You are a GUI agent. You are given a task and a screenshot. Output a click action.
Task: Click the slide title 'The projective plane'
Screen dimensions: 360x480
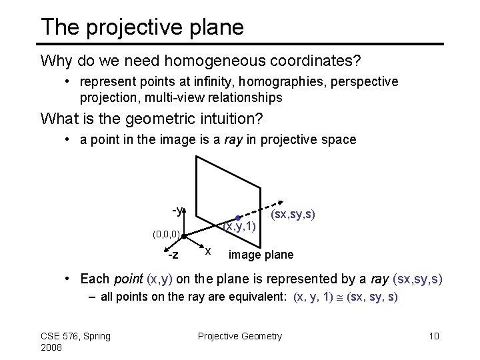142,27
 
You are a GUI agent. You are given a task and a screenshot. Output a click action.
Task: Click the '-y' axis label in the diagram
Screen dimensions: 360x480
178,211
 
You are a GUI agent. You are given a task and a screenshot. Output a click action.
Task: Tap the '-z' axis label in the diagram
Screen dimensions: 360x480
172,255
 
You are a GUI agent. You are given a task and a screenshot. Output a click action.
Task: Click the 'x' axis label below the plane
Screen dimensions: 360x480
209,251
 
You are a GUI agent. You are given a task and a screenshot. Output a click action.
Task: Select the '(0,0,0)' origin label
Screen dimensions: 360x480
165,234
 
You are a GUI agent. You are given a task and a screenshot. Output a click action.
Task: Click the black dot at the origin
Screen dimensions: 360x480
184,236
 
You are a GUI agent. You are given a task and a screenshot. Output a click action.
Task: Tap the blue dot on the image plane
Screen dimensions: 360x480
237,217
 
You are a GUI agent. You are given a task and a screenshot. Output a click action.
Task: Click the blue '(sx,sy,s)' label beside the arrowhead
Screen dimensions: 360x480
293,215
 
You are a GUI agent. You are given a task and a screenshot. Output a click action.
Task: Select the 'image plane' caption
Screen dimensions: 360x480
261,255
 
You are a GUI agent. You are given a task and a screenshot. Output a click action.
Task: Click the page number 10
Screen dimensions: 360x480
434,335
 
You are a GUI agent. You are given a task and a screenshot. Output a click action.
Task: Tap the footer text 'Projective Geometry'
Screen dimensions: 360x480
240,335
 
